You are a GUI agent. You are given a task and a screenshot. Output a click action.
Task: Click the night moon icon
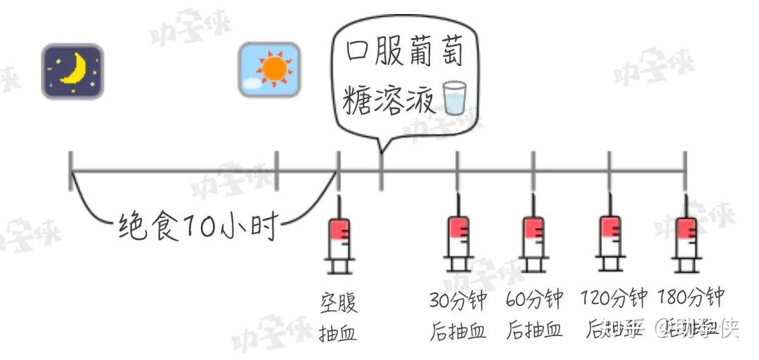pyautogui.click(x=72, y=71)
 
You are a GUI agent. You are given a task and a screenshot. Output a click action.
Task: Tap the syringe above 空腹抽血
pyautogui.click(x=339, y=236)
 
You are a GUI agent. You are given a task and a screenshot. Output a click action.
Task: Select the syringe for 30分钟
pyautogui.click(x=458, y=236)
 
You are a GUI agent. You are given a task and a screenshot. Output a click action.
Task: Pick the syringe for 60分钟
pyautogui.click(x=534, y=236)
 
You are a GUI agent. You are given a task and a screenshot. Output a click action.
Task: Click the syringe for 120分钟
pyautogui.click(x=609, y=236)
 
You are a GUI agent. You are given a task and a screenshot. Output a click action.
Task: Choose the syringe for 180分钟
pyautogui.click(x=686, y=236)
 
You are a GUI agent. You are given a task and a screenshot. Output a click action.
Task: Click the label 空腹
pyautogui.click(x=339, y=303)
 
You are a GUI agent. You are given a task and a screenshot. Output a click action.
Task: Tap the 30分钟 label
pyautogui.click(x=458, y=300)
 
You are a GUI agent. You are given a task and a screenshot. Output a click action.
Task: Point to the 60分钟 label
pyautogui.click(x=534, y=300)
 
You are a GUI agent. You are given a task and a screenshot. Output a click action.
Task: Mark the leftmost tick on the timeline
pyautogui.click(x=71, y=171)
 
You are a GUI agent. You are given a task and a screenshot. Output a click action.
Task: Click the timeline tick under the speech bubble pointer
pyautogui.click(x=381, y=172)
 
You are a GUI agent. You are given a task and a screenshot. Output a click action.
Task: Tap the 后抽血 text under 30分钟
pyautogui.click(x=458, y=330)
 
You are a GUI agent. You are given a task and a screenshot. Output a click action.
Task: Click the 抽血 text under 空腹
pyautogui.click(x=338, y=333)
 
